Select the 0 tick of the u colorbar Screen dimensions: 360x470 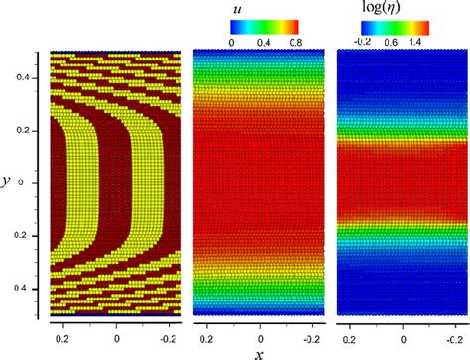point(232,43)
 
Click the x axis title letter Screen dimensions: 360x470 point(260,352)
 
